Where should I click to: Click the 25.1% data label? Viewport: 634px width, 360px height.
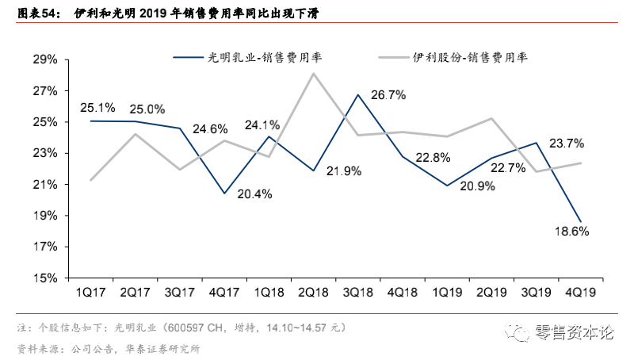tap(97, 108)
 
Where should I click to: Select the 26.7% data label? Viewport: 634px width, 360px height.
tap(388, 95)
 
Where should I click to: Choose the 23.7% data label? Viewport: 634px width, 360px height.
tap(567, 144)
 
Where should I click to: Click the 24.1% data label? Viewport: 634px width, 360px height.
tap(261, 124)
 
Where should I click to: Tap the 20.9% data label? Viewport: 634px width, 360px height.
tap(477, 186)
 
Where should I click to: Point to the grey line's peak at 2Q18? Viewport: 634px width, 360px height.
tap(313, 74)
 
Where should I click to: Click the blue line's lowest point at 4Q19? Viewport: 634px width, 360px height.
tap(580, 222)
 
